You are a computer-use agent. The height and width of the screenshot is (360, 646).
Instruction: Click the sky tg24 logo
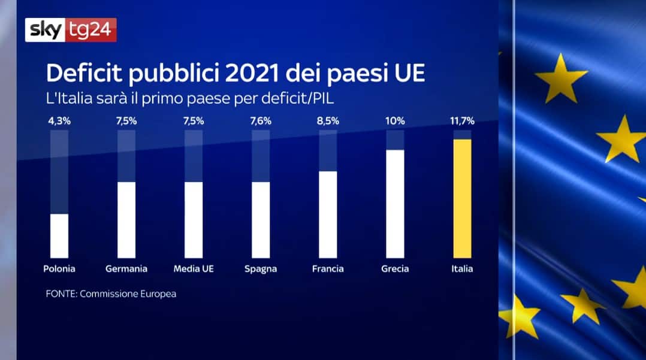71,30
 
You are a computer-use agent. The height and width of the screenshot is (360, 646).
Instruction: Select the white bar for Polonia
59,235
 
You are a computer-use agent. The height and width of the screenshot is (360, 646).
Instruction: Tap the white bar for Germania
126,219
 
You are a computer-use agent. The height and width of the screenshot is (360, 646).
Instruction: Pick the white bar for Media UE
194,219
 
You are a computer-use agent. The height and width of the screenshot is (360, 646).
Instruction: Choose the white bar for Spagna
261,219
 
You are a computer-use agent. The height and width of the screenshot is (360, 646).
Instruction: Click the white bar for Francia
328,214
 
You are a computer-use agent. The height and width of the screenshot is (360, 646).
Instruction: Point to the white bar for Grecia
395,204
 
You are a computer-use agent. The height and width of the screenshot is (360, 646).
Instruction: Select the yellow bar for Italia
462,198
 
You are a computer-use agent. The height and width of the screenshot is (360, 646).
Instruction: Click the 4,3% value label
59,121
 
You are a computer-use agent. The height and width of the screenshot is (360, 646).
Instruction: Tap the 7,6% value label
261,121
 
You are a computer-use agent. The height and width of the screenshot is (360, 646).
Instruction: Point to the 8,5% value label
328,121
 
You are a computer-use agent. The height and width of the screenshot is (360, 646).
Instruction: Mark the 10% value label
395,121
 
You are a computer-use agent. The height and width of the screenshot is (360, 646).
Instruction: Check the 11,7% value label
462,121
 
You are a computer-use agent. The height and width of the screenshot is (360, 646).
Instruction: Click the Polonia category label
59,269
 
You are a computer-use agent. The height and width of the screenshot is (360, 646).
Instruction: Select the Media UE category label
194,269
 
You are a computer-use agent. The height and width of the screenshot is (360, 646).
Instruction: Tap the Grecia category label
395,269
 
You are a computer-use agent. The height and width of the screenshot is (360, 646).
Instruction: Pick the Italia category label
462,269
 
